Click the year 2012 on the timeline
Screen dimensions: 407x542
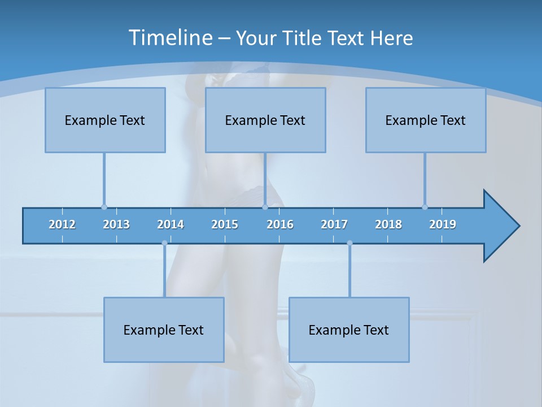(x=62, y=224)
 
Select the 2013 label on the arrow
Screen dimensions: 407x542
(x=116, y=224)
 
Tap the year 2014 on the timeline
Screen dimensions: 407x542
(x=171, y=224)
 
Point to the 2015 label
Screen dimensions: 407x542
(x=225, y=224)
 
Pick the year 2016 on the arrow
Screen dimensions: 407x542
(x=280, y=224)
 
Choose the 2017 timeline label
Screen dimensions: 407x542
(x=334, y=224)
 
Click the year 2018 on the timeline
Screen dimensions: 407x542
(x=388, y=224)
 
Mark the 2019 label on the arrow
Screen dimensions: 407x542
(x=443, y=224)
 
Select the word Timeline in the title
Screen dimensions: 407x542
(x=169, y=38)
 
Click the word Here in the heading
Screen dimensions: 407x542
(x=391, y=38)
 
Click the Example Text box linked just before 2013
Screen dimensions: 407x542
(x=105, y=120)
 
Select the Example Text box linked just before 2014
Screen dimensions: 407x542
(x=164, y=330)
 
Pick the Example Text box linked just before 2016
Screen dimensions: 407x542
(x=265, y=120)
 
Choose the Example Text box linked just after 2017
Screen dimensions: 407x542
(x=349, y=330)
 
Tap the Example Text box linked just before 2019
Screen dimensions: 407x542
(x=426, y=120)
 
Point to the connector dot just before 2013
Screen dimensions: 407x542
(x=104, y=207)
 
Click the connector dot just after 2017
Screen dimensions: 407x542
(x=349, y=243)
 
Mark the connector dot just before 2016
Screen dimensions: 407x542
(x=265, y=207)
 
